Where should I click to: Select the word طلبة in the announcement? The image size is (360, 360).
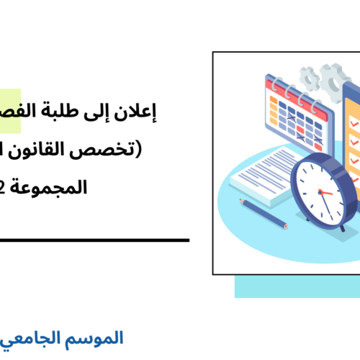coord(97,112)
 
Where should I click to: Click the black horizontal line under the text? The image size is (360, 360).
coord(94,240)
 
